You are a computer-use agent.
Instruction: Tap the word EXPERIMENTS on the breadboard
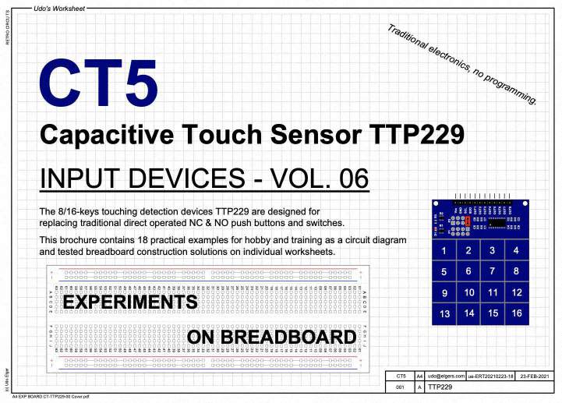point(129,301)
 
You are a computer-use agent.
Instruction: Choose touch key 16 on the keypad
point(516,313)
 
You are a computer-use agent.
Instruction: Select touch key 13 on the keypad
point(444,313)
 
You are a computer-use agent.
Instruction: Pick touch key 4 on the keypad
point(516,250)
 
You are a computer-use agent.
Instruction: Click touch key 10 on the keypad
point(468,292)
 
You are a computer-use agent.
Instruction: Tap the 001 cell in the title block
point(401,387)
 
